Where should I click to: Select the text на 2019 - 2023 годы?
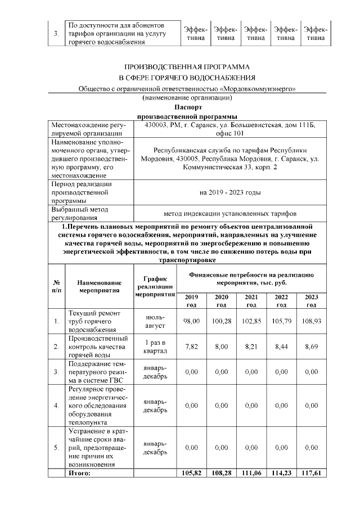[230, 192]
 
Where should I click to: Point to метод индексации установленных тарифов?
[230, 213]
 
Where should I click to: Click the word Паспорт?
[187, 106]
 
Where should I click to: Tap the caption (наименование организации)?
[187, 98]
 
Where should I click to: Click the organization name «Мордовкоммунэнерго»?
[258, 88]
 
